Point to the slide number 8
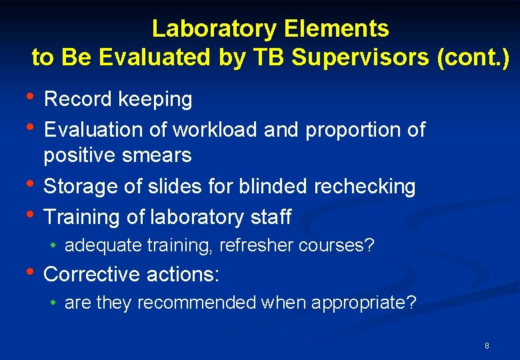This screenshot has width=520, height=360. point(487,346)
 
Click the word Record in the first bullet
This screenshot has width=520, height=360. point(78,99)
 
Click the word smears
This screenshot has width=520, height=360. point(155,155)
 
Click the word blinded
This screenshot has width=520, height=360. point(272,187)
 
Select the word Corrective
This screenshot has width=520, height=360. point(92,274)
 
